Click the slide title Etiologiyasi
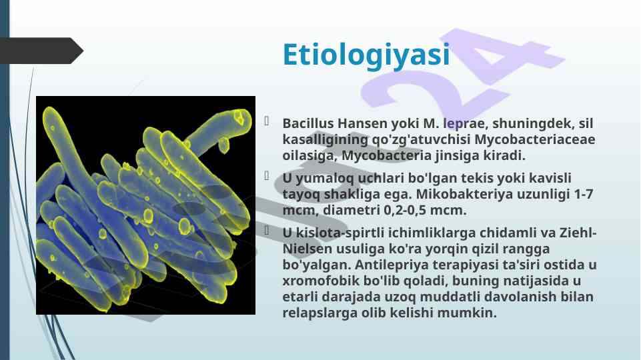(x=366, y=55)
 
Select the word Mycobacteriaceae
(x=535, y=139)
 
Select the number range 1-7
(x=584, y=194)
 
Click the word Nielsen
(x=307, y=249)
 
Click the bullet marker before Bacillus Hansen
(x=267, y=121)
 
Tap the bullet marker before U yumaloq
(x=267, y=176)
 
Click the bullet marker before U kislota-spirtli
(x=267, y=231)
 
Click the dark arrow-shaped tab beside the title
(x=41, y=51)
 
